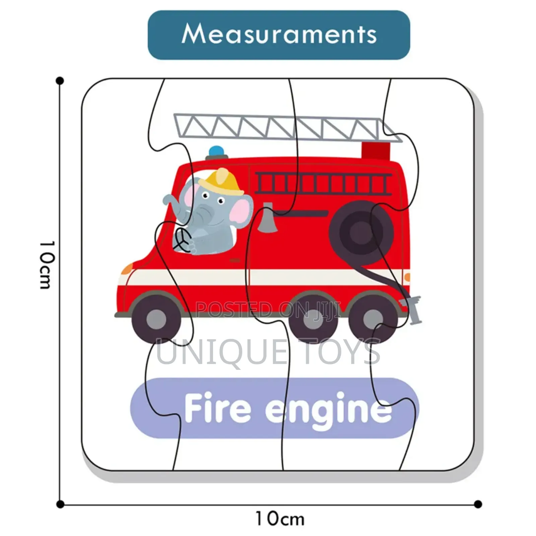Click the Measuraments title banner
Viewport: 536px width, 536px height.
click(x=279, y=35)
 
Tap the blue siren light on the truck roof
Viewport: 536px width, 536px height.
click(x=217, y=152)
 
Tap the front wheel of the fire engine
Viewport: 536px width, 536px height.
click(x=156, y=319)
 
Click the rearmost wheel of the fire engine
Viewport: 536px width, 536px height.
click(x=373, y=319)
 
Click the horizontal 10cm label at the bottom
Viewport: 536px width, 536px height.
click(x=280, y=519)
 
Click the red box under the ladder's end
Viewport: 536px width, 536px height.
click(x=376, y=151)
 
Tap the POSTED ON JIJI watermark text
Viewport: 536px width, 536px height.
click(x=268, y=309)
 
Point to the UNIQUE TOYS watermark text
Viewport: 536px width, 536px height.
click(x=268, y=352)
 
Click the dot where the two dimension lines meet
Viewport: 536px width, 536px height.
click(x=60, y=504)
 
